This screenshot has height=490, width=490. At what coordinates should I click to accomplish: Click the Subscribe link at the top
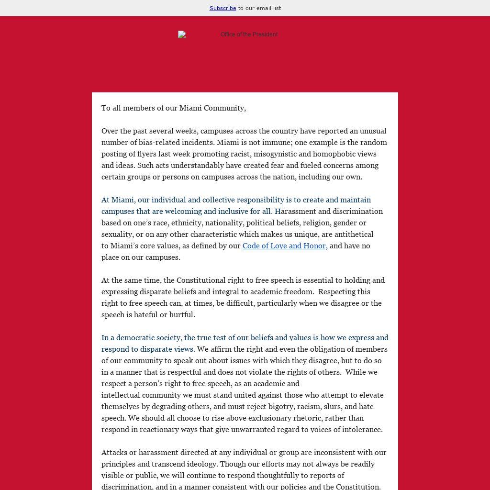(x=223, y=8)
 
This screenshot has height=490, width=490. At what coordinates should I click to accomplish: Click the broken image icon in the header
(x=182, y=34)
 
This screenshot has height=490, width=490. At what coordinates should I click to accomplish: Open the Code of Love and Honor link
(x=285, y=246)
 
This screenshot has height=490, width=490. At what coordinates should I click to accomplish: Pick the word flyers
(x=146, y=154)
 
